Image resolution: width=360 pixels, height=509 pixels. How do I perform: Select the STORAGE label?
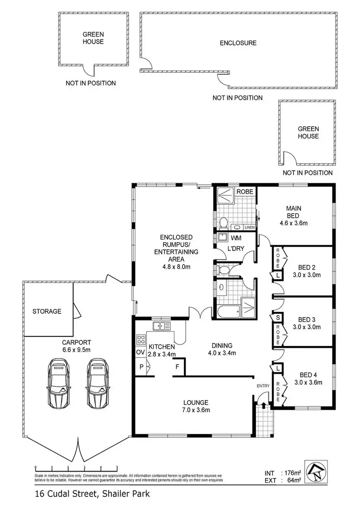[47, 311]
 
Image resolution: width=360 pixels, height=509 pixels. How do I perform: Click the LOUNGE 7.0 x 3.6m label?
[195, 406]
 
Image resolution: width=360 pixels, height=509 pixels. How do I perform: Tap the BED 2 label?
[306, 267]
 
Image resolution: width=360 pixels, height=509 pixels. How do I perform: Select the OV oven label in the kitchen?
[141, 352]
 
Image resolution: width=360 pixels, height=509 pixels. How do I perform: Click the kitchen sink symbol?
[162, 326]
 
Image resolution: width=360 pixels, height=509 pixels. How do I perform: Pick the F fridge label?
[178, 367]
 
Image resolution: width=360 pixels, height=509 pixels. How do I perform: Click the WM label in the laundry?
[236, 238]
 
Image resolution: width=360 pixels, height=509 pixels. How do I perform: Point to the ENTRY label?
[263, 385]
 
